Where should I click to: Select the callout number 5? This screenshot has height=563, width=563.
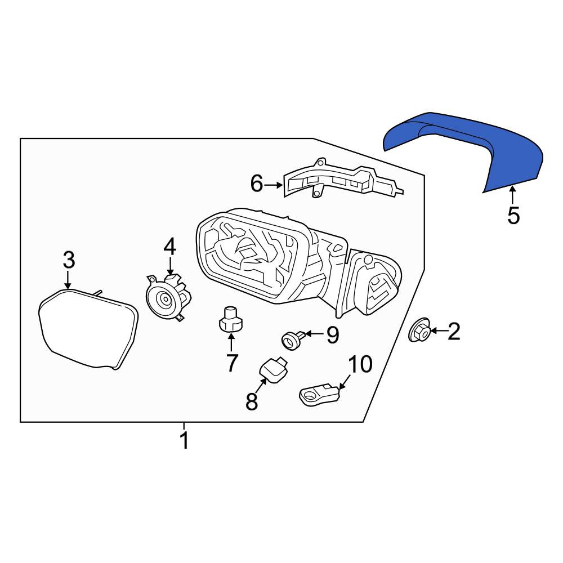coord(513,216)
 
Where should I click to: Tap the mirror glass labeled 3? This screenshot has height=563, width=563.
coord(88,329)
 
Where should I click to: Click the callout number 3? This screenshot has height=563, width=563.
coord(69,260)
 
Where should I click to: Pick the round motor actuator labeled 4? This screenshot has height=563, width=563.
coord(168,297)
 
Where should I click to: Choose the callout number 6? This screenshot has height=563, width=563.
coord(257,184)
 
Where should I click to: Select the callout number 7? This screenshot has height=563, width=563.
coord(231,363)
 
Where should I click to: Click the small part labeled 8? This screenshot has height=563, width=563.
coord(274,369)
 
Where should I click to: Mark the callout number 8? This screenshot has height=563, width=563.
coord(252,401)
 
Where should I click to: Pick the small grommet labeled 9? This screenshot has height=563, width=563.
coord(293,339)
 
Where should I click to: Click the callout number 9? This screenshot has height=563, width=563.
coord(333,335)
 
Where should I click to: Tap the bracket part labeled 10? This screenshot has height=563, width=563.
coord(319,395)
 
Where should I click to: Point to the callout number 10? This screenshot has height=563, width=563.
coord(360,364)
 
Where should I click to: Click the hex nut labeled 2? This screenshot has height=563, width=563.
coord(419,330)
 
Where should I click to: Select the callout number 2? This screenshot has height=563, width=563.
coord(454,331)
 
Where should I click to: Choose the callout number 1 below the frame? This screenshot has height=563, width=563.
coord(184,440)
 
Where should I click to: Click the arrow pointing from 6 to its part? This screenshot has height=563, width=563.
coord(273,185)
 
